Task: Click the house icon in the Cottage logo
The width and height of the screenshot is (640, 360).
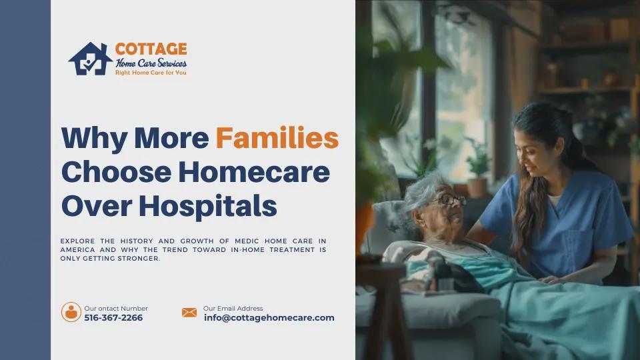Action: click(x=90, y=59)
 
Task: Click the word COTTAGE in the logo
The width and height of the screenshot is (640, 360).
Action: click(x=151, y=49)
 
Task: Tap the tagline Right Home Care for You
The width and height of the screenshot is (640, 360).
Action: click(x=151, y=73)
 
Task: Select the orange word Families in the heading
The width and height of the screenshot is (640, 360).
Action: click(x=277, y=137)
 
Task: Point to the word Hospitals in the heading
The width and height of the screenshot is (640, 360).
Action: click(x=208, y=206)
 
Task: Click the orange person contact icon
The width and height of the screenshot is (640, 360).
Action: click(x=71, y=312)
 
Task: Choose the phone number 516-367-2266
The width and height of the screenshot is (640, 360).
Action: click(x=113, y=318)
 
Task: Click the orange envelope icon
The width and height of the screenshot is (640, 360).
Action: click(x=189, y=313)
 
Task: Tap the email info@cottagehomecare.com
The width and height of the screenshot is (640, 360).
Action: click(x=269, y=318)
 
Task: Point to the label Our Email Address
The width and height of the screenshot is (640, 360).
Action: click(x=233, y=309)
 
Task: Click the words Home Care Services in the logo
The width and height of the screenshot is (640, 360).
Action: click(x=151, y=63)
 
